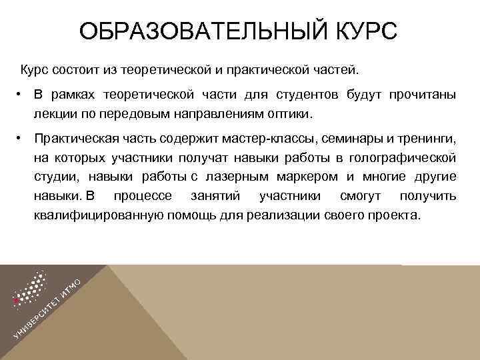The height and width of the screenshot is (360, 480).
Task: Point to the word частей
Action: tap(336, 69)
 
